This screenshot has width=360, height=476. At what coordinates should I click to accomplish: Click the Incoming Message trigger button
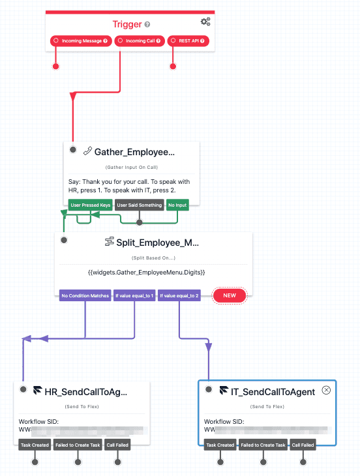pyautogui.click(x=82, y=41)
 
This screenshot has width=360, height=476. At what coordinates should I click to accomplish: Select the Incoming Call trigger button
pyautogui.click(x=140, y=41)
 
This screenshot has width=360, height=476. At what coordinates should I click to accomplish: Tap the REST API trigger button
pyautogui.click(x=188, y=41)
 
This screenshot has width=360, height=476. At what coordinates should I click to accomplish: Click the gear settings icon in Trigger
pyautogui.click(x=205, y=22)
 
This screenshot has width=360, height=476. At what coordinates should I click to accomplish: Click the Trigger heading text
pyautogui.click(x=127, y=25)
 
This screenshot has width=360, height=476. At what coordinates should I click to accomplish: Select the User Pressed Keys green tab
pyautogui.click(x=91, y=205)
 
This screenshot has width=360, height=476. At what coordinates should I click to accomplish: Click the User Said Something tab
pyautogui.click(x=140, y=205)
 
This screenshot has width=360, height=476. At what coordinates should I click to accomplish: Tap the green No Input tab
pyautogui.click(x=177, y=205)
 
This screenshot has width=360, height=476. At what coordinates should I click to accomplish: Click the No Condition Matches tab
pyautogui.click(x=85, y=296)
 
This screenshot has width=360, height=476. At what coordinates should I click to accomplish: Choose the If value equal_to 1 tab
pyautogui.click(x=134, y=296)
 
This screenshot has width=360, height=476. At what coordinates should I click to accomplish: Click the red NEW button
pyautogui.click(x=230, y=296)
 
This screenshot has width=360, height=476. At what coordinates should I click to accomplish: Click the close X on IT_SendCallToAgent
pyautogui.click(x=327, y=391)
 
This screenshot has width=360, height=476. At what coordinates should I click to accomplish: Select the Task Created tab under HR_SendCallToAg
pyautogui.click(x=35, y=445)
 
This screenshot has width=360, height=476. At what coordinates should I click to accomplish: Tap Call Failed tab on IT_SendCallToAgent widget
pyautogui.click(x=303, y=445)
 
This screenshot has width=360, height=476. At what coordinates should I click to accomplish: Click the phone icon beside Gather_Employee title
pyautogui.click(x=87, y=151)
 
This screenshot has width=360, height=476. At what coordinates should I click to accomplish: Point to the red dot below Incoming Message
pyautogui.click(x=56, y=67)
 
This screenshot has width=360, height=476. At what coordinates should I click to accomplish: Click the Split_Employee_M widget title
pyautogui.click(x=157, y=243)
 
